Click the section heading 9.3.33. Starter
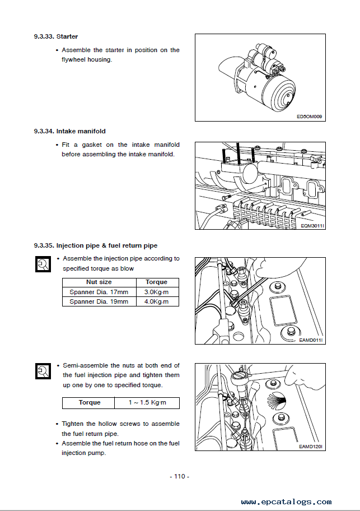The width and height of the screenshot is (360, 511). pyautogui.click(x=55, y=37)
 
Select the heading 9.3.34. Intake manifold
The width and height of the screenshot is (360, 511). pyautogui.click(x=69, y=131)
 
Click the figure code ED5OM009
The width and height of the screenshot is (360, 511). pyautogui.click(x=310, y=117)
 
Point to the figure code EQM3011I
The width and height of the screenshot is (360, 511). pyautogui.click(x=312, y=225)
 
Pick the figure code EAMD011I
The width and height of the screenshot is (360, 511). pyautogui.click(x=311, y=340)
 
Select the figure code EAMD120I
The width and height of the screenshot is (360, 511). pyautogui.click(x=311, y=447)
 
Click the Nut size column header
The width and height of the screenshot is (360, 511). pyautogui.click(x=99, y=282)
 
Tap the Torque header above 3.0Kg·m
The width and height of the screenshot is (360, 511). pyautogui.click(x=156, y=282)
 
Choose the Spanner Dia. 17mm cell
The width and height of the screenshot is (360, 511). pyautogui.click(x=99, y=292)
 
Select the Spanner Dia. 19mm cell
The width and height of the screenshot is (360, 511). pyautogui.click(x=99, y=301)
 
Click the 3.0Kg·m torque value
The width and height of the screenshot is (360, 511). pyautogui.click(x=156, y=292)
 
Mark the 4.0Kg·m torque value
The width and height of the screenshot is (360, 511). pyautogui.click(x=156, y=301)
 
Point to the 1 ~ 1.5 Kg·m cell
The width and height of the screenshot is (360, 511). pyautogui.click(x=147, y=403)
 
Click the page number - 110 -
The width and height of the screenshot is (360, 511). pyautogui.click(x=179, y=476)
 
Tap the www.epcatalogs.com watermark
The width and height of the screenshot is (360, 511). pyautogui.click(x=286, y=502)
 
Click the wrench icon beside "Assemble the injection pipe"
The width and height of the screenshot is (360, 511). pyautogui.click(x=42, y=264)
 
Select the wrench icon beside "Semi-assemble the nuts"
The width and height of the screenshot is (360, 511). pyautogui.click(x=42, y=371)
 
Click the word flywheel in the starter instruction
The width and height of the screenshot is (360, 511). pyautogui.click(x=73, y=60)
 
